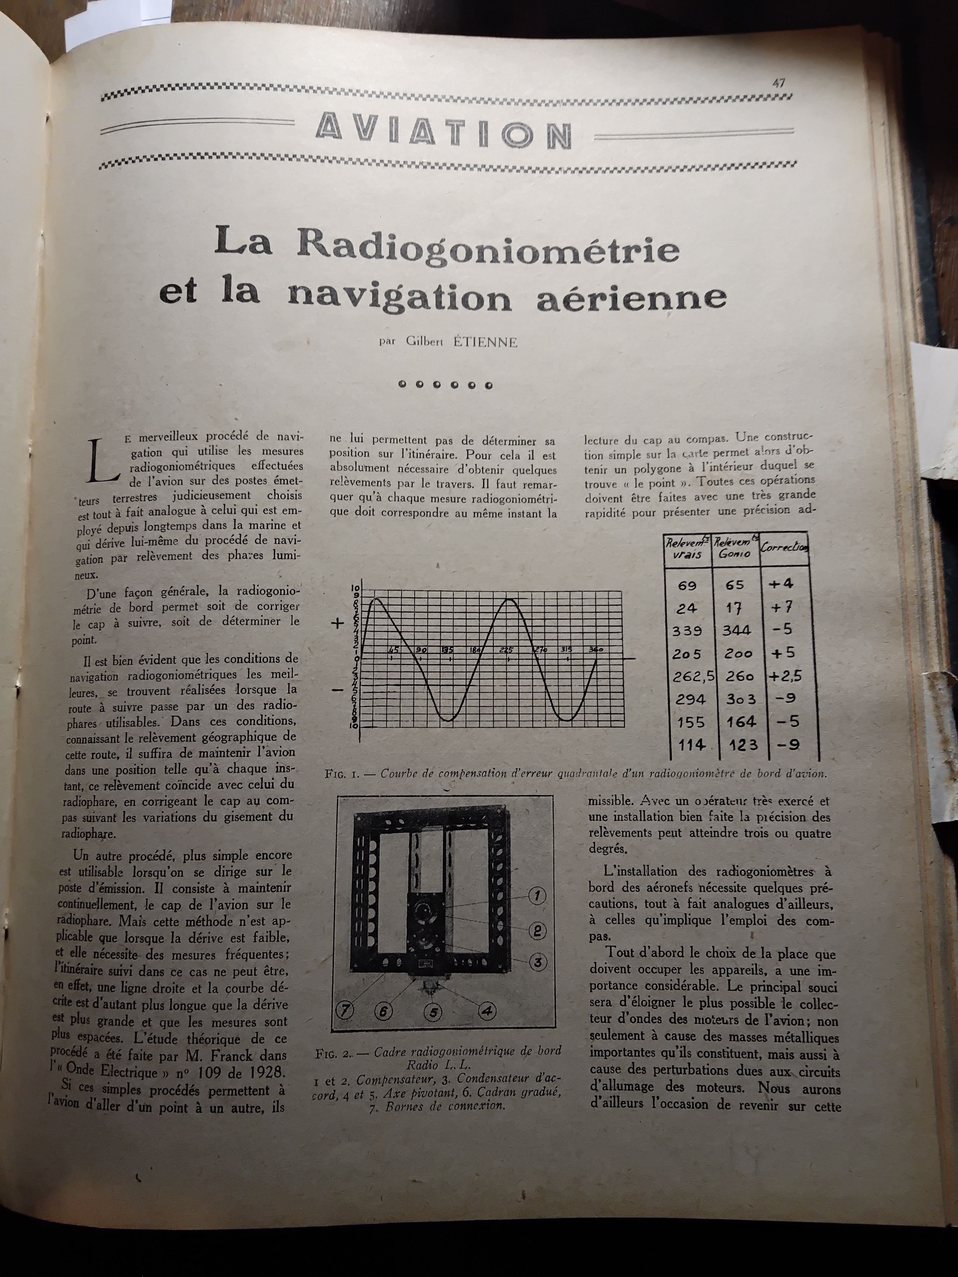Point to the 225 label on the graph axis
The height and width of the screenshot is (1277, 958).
[506, 650]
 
